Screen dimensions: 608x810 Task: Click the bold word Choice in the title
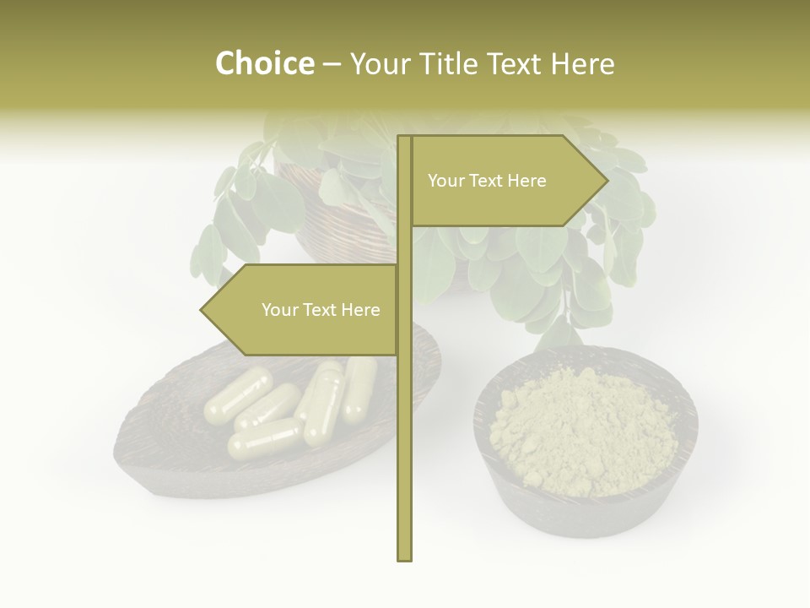[x=264, y=63]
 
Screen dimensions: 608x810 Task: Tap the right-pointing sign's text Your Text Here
[x=487, y=181]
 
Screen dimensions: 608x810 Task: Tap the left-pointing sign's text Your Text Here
[x=321, y=310]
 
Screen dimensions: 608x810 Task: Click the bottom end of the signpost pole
[x=405, y=557]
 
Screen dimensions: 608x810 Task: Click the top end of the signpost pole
[x=405, y=138]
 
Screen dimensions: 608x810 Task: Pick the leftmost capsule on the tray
[x=238, y=397]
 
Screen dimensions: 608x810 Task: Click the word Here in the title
[x=582, y=63]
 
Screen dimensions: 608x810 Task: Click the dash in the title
[x=332, y=65]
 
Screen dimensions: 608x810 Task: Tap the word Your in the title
[x=381, y=63]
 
